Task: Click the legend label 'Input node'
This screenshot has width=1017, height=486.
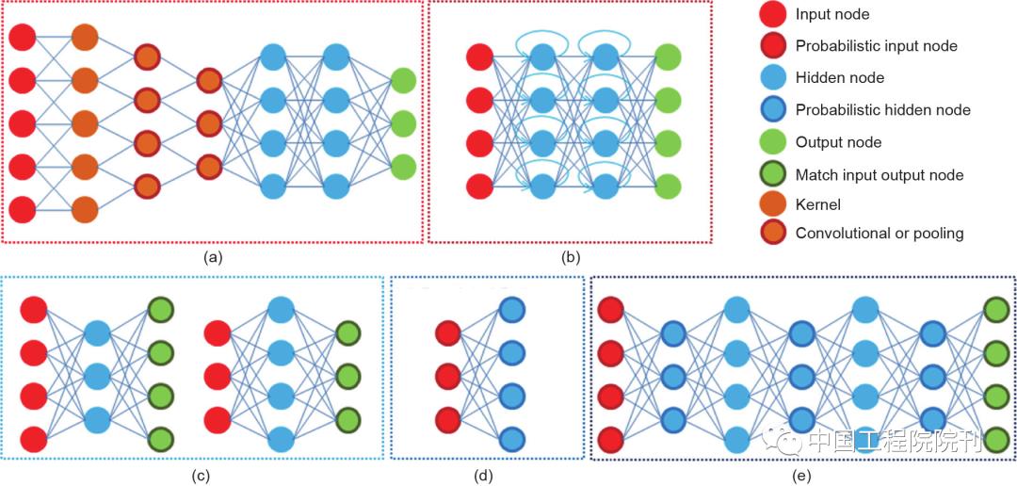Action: point(833,13)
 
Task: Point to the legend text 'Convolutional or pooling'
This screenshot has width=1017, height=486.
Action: point(880,234)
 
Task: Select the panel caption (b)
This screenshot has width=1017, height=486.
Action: point(570,258)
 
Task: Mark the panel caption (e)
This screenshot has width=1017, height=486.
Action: point(801,476)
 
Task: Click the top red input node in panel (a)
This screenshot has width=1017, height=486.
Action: point(22,37)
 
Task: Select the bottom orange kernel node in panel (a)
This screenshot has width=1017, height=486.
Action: point(85,210)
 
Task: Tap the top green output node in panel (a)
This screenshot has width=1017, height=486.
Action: point(403,80)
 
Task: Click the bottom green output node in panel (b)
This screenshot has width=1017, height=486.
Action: point(668,186)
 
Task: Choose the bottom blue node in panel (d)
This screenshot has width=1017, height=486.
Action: point(511,438)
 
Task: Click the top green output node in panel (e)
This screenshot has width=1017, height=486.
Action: point(996,310)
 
